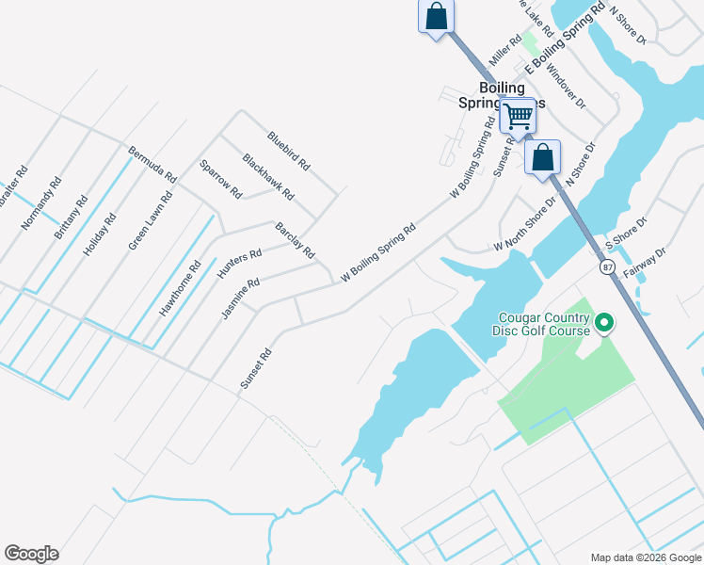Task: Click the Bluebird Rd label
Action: [x=288, y=150]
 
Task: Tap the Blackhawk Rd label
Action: [x=268, y=177]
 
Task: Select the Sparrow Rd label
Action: [x=221, y=179]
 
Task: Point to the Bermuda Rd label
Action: [x=152, y=164]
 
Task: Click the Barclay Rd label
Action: [x=295, y=242]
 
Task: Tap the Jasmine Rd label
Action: [x=240, y=299]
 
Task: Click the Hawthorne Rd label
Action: [x=181, y=287]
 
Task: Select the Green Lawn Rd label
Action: [x=151, y=220]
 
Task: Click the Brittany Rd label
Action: [x=71, y=217]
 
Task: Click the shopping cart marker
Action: [x=517, y=118]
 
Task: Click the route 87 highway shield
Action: [x=608, y=268]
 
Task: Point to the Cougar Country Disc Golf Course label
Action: [x=541, y=324]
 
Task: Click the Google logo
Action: [x=31, y=554]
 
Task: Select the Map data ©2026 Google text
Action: [x=645, y=557]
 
